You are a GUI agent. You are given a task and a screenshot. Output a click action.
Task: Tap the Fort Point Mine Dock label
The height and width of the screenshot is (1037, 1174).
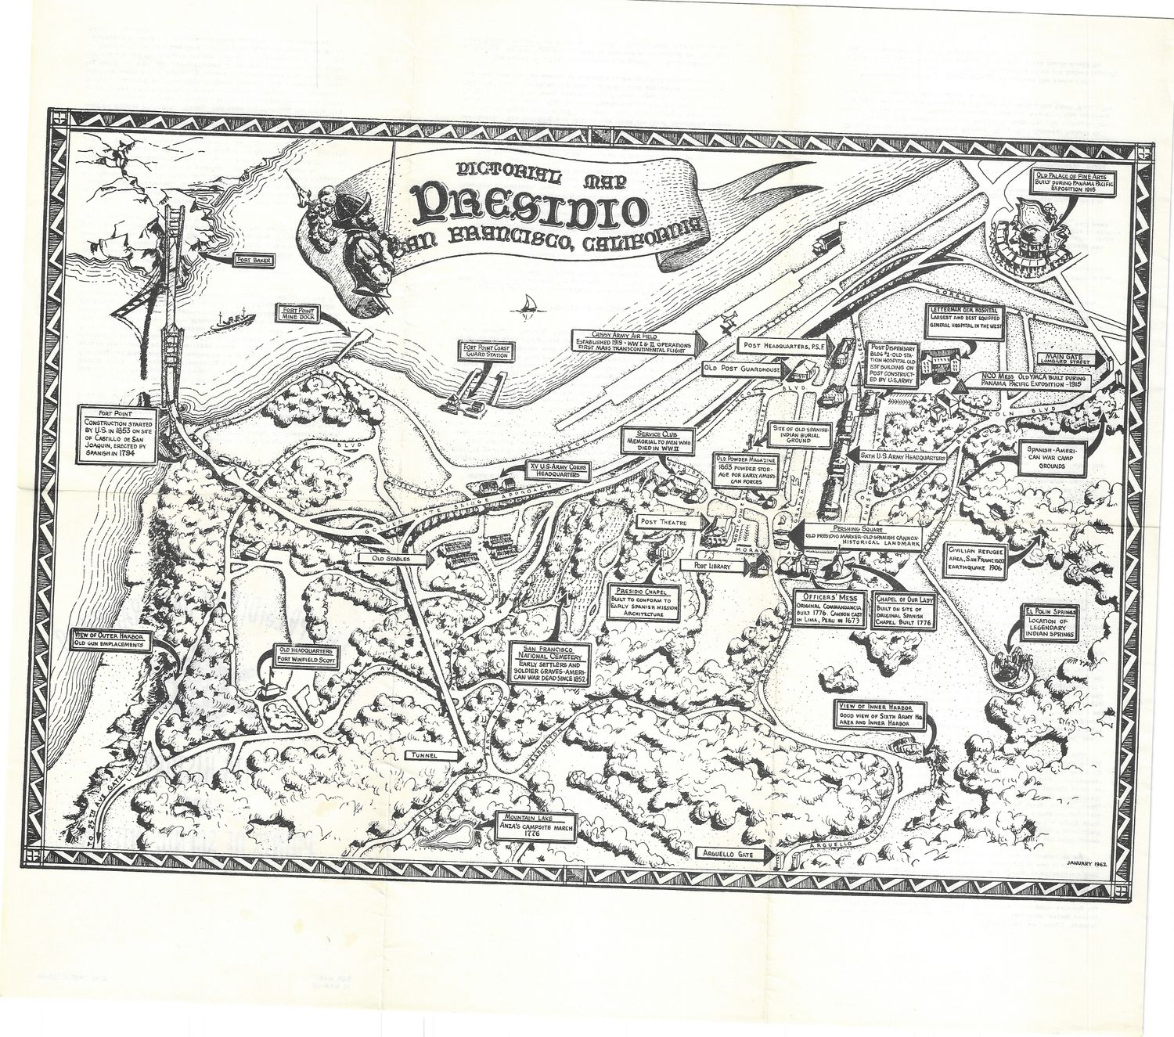tap(298, 313)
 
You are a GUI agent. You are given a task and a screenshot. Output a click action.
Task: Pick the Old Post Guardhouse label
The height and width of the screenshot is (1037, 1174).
tap(742, 367)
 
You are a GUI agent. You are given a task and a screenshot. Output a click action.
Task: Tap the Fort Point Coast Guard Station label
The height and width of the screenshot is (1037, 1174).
tap(486, 351)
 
